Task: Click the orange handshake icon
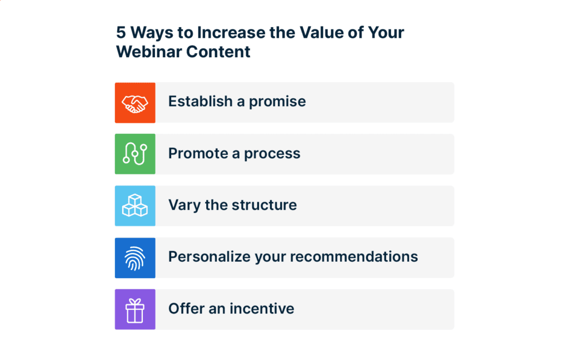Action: pos(135,103)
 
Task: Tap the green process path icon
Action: pos(135,154)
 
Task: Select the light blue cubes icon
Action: pos(135,206)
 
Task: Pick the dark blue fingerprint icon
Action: pos(135,257)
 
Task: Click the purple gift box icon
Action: pos(135,309)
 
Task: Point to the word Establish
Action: pos(201,102)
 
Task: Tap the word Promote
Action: pos(199,153)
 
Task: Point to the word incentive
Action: pos(260,308)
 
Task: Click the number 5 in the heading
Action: pos(121,32)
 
